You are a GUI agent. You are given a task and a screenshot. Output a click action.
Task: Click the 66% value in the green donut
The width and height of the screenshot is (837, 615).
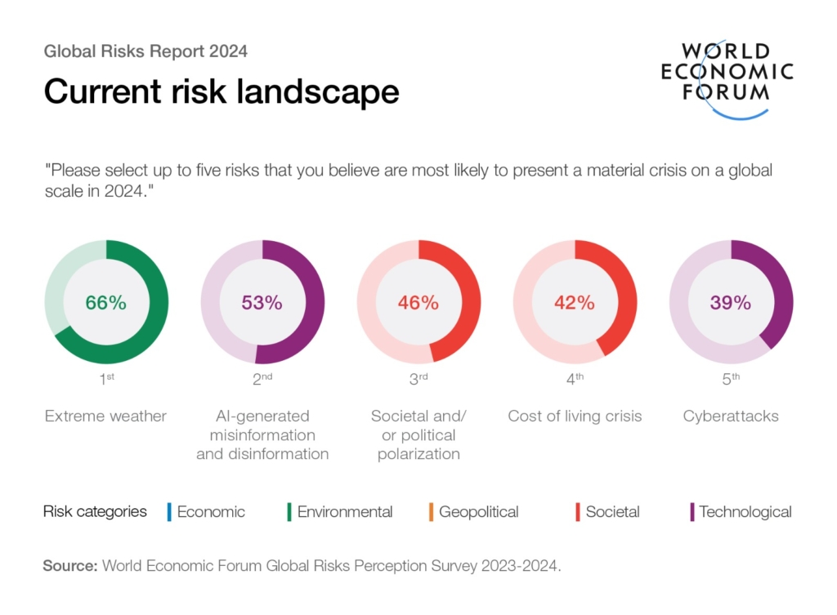(106, 302)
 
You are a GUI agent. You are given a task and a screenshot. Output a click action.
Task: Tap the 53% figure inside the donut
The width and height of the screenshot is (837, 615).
(262, 302)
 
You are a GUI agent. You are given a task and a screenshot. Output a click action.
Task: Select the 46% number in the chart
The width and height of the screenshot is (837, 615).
(418, 302)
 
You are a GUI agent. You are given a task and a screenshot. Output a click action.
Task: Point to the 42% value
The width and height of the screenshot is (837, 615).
(575, 302)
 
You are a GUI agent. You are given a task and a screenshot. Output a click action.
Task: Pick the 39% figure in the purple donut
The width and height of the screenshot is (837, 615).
(731, 302)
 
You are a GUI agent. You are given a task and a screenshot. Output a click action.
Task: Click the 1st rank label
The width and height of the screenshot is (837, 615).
(106, 378)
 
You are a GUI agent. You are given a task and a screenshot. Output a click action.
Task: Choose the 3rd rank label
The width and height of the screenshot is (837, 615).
(418, 378)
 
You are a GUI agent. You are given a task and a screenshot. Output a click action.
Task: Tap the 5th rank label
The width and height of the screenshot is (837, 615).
(731, 378)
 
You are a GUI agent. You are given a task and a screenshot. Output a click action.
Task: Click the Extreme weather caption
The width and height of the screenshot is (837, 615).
(106, 417)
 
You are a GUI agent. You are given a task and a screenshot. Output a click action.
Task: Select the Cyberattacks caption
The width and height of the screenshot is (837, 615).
(731, 417)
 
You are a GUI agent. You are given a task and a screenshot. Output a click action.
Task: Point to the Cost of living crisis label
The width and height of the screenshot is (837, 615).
(575, 417)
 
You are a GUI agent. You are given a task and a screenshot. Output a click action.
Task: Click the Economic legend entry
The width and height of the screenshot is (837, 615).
(210, 512)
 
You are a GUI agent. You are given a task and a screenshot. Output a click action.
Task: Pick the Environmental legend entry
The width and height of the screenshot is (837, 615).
(344, 512)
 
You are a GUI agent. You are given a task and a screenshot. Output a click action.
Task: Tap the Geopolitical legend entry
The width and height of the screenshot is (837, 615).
(478, 512)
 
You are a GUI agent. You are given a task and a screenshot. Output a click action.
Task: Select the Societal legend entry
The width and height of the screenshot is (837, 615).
(612, 512)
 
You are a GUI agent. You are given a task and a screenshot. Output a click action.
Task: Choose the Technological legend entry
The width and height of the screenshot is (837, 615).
(745, 512)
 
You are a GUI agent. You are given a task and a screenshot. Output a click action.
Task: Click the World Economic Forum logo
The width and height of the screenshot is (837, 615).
(727, 78)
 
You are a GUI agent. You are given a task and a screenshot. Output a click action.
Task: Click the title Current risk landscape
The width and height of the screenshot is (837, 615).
(222, 91)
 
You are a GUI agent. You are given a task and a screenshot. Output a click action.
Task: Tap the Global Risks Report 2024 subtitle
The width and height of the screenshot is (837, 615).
(145, 51)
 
